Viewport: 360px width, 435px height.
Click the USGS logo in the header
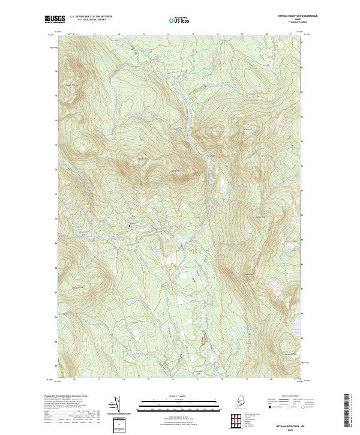click(55, 19)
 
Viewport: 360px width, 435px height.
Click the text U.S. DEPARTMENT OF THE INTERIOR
click(91, 16)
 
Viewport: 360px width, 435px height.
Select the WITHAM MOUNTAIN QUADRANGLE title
click(294, 16)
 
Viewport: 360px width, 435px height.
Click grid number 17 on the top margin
click(193, 34)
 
